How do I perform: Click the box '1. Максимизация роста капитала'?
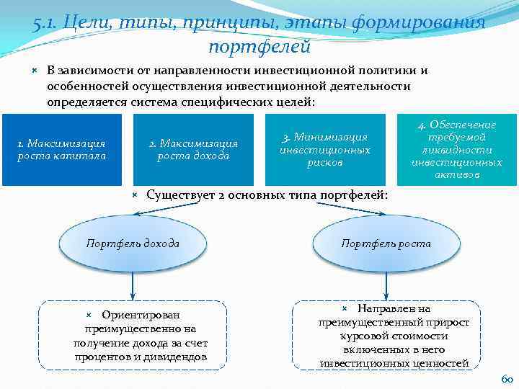(61, 149)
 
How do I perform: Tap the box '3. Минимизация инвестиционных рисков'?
(325, 149)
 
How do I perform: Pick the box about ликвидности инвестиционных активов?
(457, 149)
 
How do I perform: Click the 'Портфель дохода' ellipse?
(133, 244)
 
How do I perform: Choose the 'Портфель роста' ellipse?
(386, 244)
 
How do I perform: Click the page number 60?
(506, 378)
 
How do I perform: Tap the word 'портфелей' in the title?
(259, 48)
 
